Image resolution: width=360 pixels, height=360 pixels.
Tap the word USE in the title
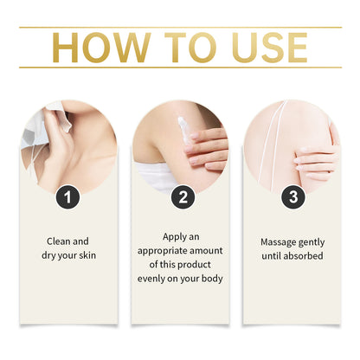pyautogui.click(x=261, y=48)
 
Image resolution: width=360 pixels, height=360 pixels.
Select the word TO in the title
pyautogui.click(x=177, y=48)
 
